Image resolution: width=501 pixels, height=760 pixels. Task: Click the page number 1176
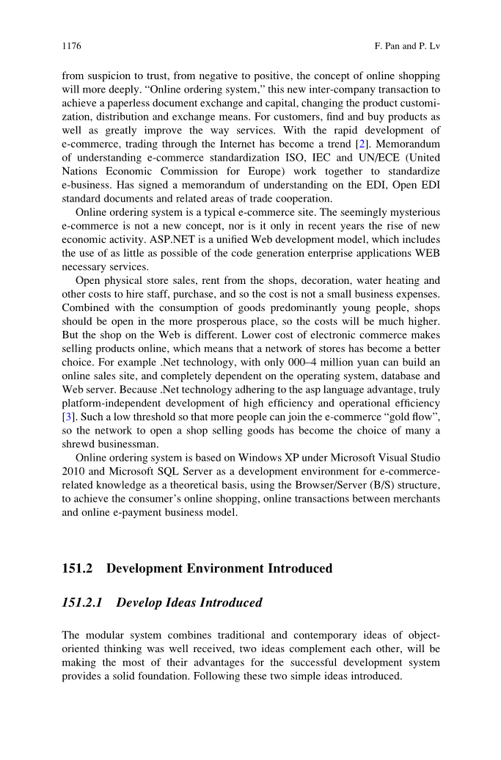[71, 46]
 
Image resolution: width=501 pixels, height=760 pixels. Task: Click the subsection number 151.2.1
[84, 603]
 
